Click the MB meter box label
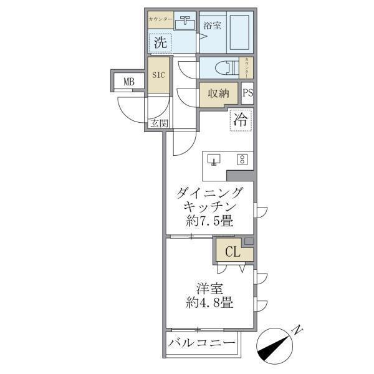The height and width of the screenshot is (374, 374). pyautogui.click(x=128, y=80)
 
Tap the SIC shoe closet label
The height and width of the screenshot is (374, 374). pyautogui.click(x=159, y=75)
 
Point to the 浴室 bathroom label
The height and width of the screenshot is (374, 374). pyautogui.click(x=212, y=26)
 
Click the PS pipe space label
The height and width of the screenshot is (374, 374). pyautogui.click(x=247, y=93)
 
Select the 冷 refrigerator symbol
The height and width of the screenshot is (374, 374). pyautogui.click(x=240, y=120)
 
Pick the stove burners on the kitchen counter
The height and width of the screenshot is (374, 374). pyautogui.click(x=241, y=159)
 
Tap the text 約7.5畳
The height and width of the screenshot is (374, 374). pyautogui.click(x=209, y=221)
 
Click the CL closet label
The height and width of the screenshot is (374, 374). pyautogui.click(x=233, y=252)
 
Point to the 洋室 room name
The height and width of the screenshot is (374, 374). pyautogui.click(x=209, y=289)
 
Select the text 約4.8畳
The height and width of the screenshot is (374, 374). pyautogui.click(x=209, y=304)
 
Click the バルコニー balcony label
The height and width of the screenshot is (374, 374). pyautogui.click(x=202, y=344)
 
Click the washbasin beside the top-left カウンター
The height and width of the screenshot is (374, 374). pyautogui.click(x=185, y=24)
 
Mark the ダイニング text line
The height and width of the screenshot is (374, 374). pyautogui.click(x=209, y=192)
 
